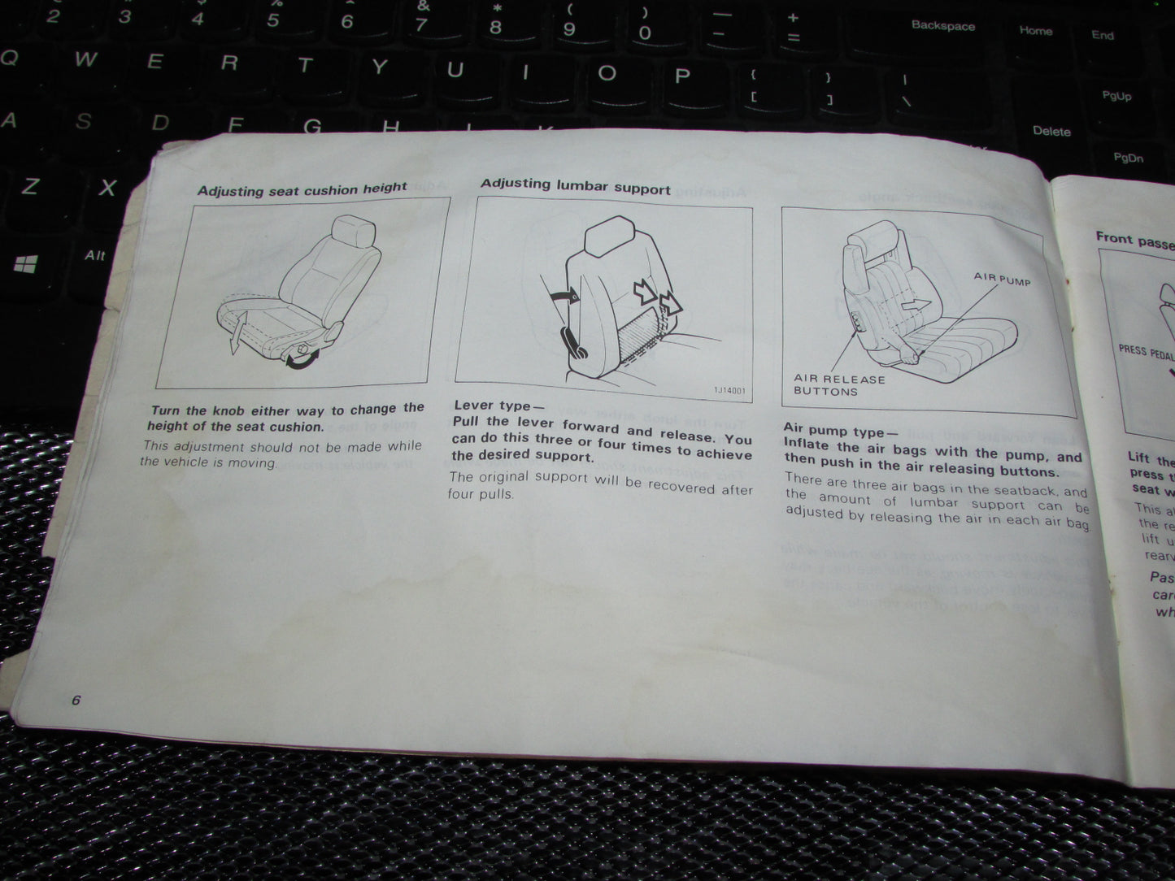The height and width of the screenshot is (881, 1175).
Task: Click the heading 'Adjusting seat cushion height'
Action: tap(302, 189)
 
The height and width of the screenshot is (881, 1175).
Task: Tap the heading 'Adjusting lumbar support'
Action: tap(575, 185)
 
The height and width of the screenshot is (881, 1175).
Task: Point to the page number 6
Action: tap(76, 701)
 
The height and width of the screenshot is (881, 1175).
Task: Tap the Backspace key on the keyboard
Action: tap(942, 26)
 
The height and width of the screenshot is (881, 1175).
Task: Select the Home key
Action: tap(1035, 31)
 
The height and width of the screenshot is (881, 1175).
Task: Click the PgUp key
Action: tap(1116, 96)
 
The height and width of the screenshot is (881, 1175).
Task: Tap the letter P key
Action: tap(682, 76)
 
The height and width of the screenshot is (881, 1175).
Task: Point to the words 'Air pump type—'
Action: tap(837, 430)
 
